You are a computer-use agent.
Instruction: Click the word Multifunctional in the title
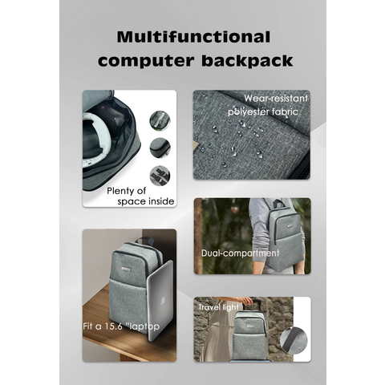point(193,37)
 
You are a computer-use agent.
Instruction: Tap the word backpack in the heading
point(247,61)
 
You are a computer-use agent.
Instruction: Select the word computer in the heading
point(146,62)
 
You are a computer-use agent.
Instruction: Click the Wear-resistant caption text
point(276,99)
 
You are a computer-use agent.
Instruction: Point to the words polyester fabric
point(263,111)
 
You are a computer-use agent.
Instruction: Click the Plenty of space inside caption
point(140,196)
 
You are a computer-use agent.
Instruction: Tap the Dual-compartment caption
point(240,253)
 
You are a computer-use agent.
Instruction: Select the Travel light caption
point(218,307)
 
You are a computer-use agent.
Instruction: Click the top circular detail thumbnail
point(160,120)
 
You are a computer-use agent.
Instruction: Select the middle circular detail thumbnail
point(160,148)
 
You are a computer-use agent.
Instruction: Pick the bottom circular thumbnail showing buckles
point(160,176)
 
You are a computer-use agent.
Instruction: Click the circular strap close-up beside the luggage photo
point(294,340)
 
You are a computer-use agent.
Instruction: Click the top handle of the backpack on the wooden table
point(144,240)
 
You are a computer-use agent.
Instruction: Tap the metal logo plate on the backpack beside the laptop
point(126,269)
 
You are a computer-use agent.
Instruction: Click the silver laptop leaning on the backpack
point(160,301)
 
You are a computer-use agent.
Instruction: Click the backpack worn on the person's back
point(286,237)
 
